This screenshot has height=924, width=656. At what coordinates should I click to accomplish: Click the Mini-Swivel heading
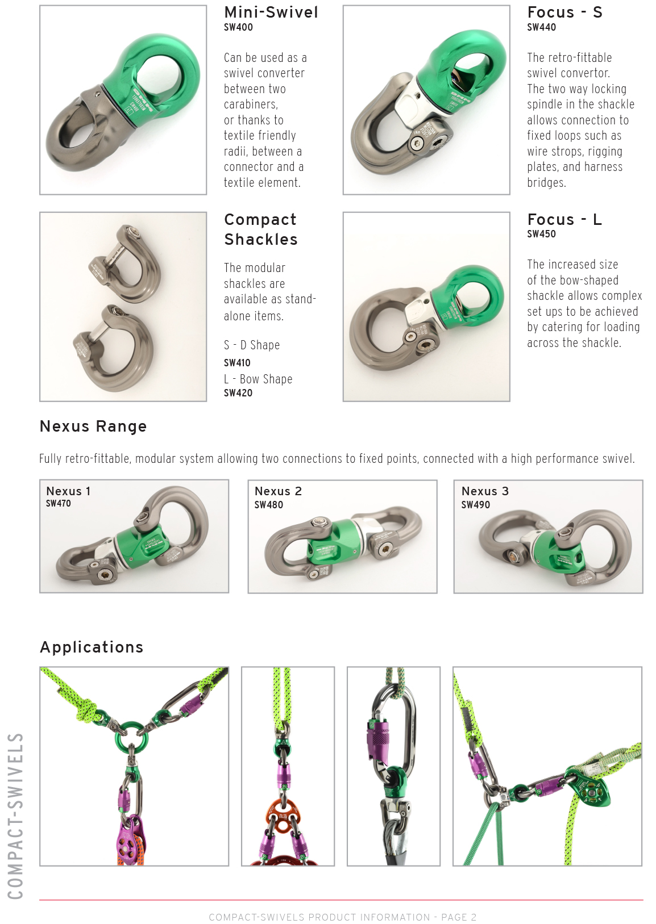tap(271, 12)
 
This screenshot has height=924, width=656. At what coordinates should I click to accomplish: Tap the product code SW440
tap(541, 27)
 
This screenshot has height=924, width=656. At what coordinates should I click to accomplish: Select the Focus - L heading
tap(564, 219)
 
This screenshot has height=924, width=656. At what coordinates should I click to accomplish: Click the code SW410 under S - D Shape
tap(237, 363)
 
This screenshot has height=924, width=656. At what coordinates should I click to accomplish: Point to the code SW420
tap(238, 393)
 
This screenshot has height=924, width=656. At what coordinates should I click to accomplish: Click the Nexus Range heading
tap(93, 427)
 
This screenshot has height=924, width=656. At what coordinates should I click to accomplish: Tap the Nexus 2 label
tap(278, 491)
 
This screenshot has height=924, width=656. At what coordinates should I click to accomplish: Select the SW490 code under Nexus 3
tap(476, 505)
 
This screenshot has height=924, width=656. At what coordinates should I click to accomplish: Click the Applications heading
tap(91, 647)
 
